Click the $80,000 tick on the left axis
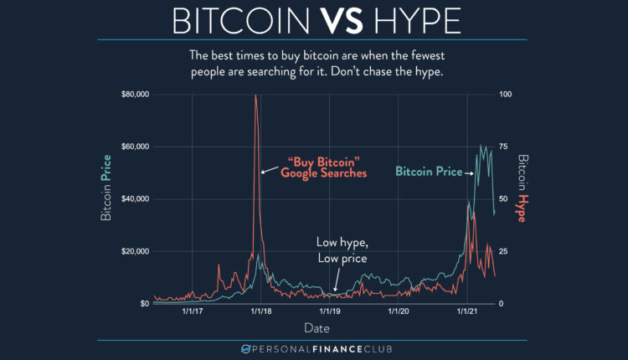tap(135, 95)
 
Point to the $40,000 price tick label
tap(135, 199)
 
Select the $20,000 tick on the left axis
tap(135, 251)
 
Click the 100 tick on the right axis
tap(505, 95)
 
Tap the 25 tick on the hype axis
tap(503, 251)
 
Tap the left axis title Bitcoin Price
tap(106, 198)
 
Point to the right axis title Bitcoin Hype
tap(522, 188)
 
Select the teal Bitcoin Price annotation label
tap(429, 172)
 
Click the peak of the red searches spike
tap(255, 95)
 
